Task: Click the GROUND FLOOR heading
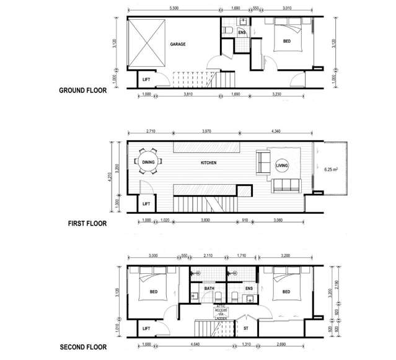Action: pyautogui.click(x=82, y=90)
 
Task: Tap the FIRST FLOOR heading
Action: pyautogui.click(x=87, y=223)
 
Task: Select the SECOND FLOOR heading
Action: pyautogui.click(x=82, y=347)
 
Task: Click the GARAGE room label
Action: pyautogui.click(x=178, y=45)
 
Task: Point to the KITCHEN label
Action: pyautogui.click(x=209, y=162)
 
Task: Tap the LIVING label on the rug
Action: pyautogui.click(x=282, y=165)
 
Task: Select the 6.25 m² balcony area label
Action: pyautogui.click(x=332, y=167)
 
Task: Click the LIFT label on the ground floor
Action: pyautogui.click(x=146, y=80)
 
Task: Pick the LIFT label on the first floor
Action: pyautogui.click(x=146, y=203)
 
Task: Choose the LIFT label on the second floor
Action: pyautogui.click(x=146, y=328)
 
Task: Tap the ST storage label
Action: pyautogui.click(x=246, y=328)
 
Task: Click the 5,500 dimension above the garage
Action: pyautogui.click(x=175, y=9)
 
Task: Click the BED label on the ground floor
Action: pyautogui.click(x=287, y=42)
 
